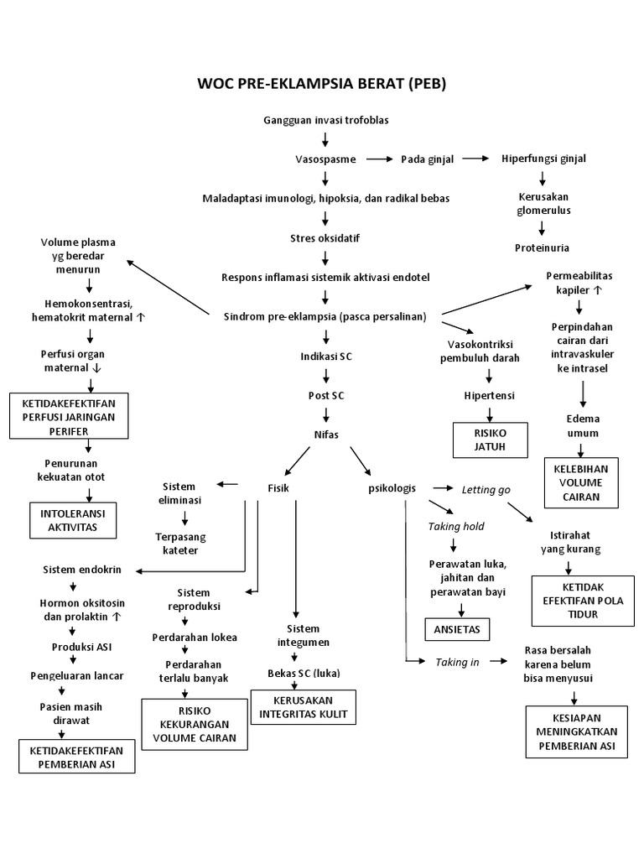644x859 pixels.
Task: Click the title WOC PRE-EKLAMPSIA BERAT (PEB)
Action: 322,84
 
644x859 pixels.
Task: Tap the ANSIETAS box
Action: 458,628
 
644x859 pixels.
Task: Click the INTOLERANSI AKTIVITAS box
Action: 75,519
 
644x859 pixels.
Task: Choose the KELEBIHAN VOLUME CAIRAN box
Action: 582,482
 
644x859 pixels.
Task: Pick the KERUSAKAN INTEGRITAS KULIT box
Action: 303,706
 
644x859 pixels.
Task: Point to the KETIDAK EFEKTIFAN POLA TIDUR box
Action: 578,601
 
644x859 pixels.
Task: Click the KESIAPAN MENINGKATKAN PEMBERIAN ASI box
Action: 577,731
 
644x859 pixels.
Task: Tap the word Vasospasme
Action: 325,159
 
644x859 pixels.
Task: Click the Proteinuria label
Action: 543,247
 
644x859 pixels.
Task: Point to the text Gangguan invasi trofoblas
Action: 326,120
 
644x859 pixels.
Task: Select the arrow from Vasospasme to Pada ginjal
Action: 380,159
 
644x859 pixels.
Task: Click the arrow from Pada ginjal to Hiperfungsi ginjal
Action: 475,159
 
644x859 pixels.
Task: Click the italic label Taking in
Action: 457,662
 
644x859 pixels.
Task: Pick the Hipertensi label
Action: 491,395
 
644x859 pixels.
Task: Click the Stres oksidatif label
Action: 325,238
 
